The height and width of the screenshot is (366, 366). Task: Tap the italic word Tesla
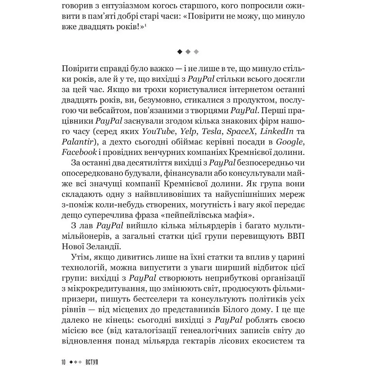[212, 131]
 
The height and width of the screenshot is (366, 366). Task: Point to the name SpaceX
[241, 131]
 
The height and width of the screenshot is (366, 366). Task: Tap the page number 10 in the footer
[64, 362]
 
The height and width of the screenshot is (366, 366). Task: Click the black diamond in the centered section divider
[180, 51]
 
